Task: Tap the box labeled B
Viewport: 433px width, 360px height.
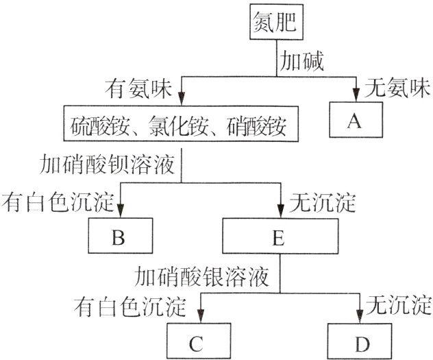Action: coord(118,238)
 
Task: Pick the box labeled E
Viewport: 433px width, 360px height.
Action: coord(277,238)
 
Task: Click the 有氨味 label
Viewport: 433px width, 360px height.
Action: coord(135,88)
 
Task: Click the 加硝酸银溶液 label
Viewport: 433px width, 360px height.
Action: coord(203,276)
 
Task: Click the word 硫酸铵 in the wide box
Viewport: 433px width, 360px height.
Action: coord(95,127)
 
